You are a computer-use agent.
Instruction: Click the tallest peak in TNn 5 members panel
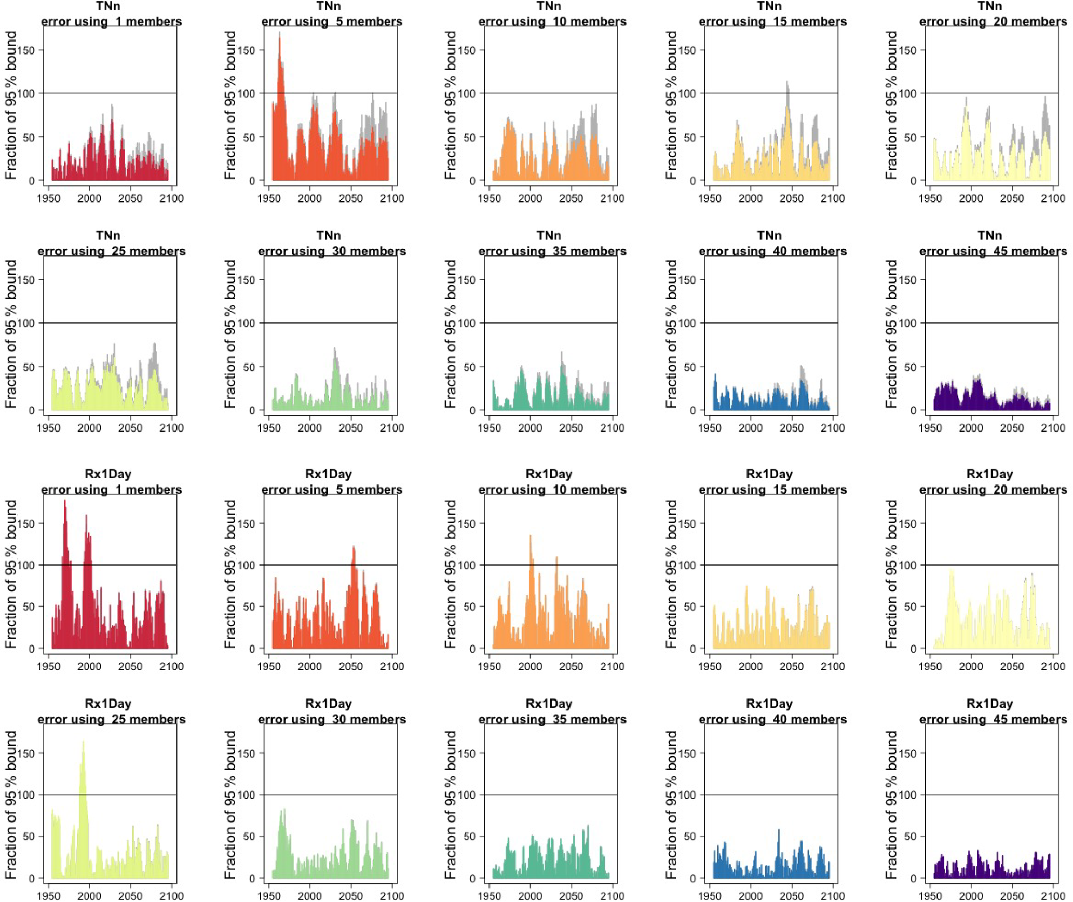coord(279,33)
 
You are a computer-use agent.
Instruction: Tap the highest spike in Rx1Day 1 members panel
coord(65,501)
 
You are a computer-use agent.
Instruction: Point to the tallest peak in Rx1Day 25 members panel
coord(83,742)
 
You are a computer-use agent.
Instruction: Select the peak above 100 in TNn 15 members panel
coord(787,82)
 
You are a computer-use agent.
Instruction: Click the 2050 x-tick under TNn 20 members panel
coord(1012,198)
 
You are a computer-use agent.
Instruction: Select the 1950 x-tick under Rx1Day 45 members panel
coord(930,896)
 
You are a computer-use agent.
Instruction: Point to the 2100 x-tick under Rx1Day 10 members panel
coord(612,666)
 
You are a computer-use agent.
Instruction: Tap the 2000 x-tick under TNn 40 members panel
coord(751,428)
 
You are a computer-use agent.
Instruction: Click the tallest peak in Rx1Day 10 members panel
coord(530,536)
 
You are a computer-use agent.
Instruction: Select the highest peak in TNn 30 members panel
coord(335,348)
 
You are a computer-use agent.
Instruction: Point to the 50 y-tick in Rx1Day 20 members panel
coord(910,607)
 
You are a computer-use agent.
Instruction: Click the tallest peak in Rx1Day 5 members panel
coord(354,547)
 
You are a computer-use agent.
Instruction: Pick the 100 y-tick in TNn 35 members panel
coord(467,323)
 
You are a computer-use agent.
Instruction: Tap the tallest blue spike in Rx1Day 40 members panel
coord(779,830)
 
